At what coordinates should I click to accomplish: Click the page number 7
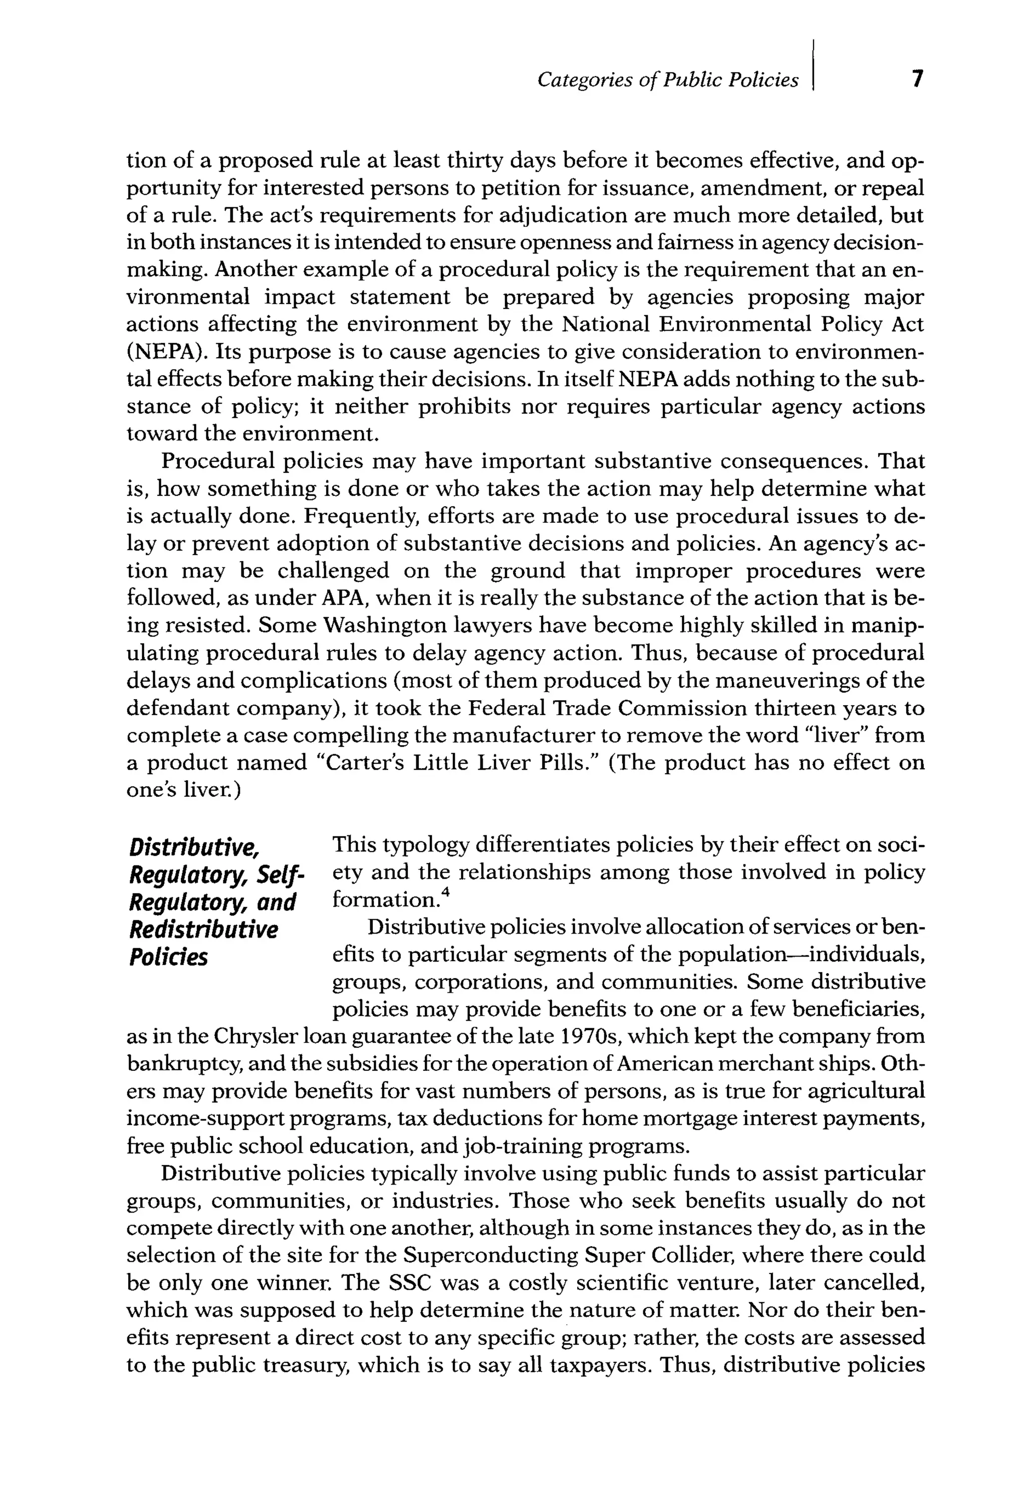pos(917,79)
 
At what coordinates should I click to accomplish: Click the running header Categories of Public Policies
pos(667,80)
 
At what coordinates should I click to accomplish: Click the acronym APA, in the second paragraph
pos(345,599)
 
